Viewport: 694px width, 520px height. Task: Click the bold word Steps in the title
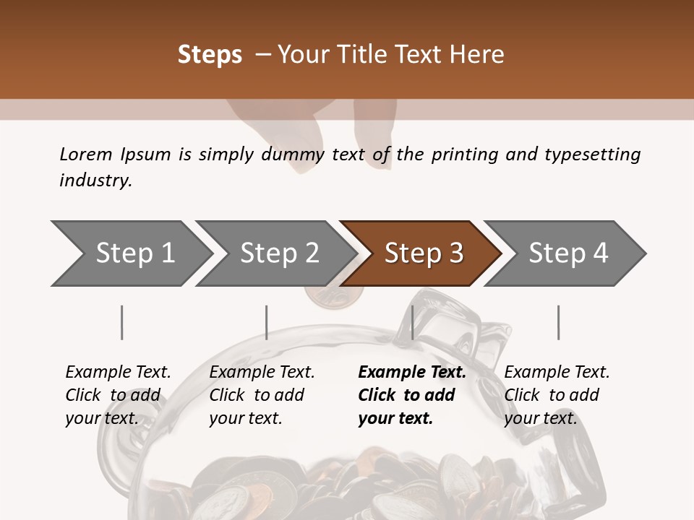pos(210,55)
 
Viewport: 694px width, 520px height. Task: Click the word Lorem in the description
pos(85,155)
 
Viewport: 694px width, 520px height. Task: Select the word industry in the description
pos(95,181)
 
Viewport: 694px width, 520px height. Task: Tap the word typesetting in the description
pos(592,155)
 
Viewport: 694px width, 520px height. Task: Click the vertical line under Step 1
pos(121,322)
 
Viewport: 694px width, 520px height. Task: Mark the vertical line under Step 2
pos(266,322)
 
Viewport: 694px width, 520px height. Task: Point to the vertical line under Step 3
pos(412,322)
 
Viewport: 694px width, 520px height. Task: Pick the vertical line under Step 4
pos(558,322)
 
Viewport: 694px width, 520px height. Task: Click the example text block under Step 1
pos(118,395)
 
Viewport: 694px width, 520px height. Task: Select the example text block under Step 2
pos(262,395)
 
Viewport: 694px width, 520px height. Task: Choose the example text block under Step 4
pos(557,395)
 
